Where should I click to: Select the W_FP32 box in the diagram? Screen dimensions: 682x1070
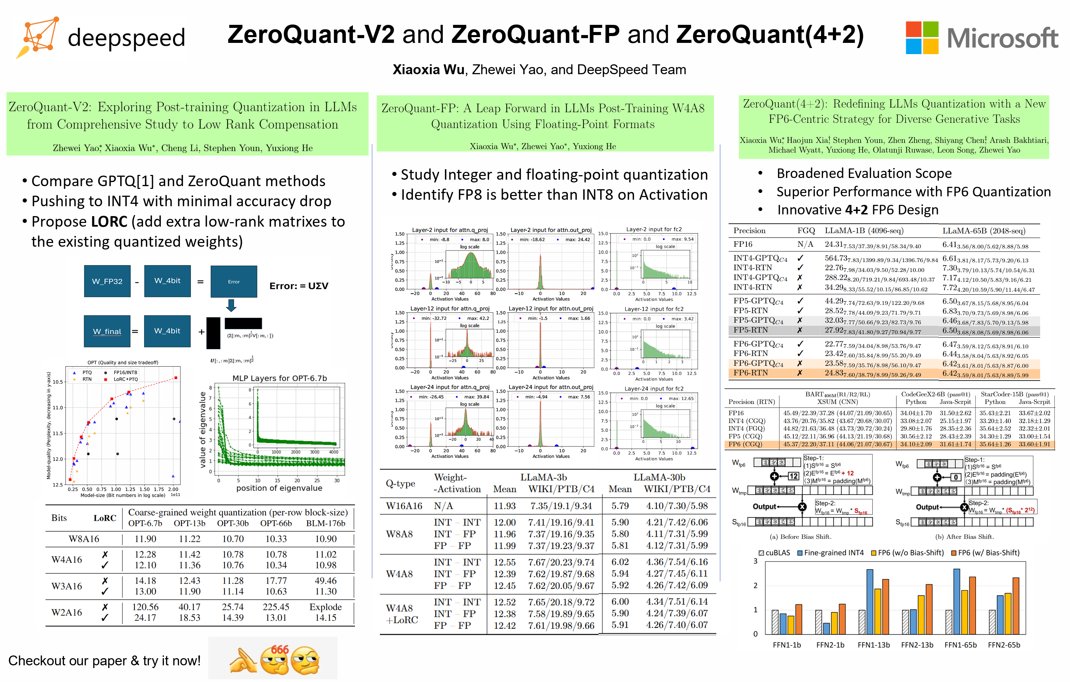click(107, 281)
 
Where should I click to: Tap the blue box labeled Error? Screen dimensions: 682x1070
click(234, 281)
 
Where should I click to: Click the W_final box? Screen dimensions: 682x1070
click(107, 331)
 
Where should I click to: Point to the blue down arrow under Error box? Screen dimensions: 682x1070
click(231, 305)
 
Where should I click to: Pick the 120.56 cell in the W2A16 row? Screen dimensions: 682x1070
click(145, 606)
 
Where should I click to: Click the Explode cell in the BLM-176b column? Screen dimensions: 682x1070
click(325, 606)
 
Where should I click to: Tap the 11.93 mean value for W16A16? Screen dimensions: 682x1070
click(505, 506)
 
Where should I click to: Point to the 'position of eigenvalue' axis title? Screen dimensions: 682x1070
click(279, 488)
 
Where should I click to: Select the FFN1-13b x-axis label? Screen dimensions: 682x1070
click(873, 645)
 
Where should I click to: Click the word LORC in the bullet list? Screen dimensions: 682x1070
click(109, 222)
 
